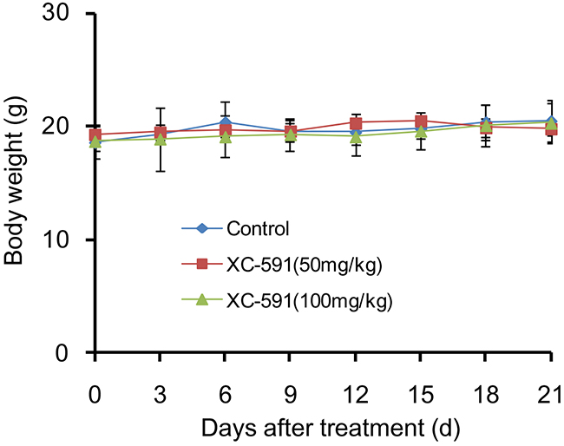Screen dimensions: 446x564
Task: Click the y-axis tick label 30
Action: pyautogui.click(x=63, y=16)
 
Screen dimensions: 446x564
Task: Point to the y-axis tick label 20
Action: pyautogui.click(x=63, y=127)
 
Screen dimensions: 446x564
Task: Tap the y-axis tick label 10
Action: pyautogui.click(x=63, y=239)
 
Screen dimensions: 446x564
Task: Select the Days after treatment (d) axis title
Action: pyautogui.click(x=324, y=428)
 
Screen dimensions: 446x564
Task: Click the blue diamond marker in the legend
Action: pyautogui.click(x=201, y=230)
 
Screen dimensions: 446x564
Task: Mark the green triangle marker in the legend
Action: pyautogui.click(x=201, y=300)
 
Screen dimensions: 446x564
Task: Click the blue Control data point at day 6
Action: pyautogui.click(x=225, y=122)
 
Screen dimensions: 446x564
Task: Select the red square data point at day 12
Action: pyautogui.click(x=355, y=123)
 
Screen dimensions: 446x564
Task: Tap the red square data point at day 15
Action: pyautogui.click(x=420, y=121)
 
